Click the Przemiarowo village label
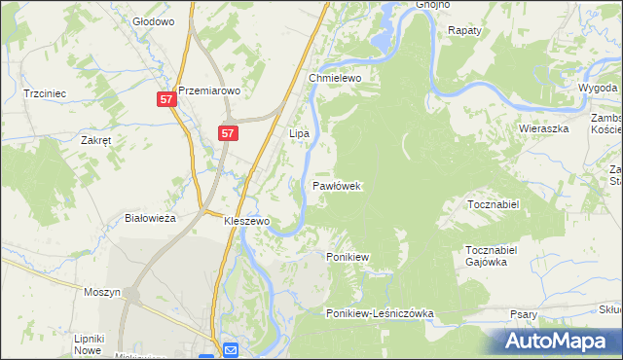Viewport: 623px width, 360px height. pyautogui.click(x=208, y=87)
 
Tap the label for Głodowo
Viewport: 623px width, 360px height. pyautogui.click(x=153, y=20)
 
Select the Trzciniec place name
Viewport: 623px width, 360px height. pyautogui.click(x=44, y=93)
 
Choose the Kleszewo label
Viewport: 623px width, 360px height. pyautogui.click(x=246, y=222)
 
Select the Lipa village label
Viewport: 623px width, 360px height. pyautogui.click(x=299, y=132)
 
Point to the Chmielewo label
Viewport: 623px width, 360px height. pyautogui.click(x=336, y=78)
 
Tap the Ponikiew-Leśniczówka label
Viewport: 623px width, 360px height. pyautogui.click(x=380, y=314)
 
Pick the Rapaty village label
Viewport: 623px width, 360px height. pyautogui.click(x=464, y=31)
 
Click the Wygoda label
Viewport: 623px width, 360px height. pyautogui.click(x=597, y=88)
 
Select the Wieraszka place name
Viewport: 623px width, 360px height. pyautogui.click(x=542, y=127)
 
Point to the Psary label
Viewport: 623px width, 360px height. pyautogui.click(x=524, y=314)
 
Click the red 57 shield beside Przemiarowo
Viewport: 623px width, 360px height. pyautogui.click(x=166, y=99)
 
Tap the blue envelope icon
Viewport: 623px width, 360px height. pyautogui.click(x=231, y=349)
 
